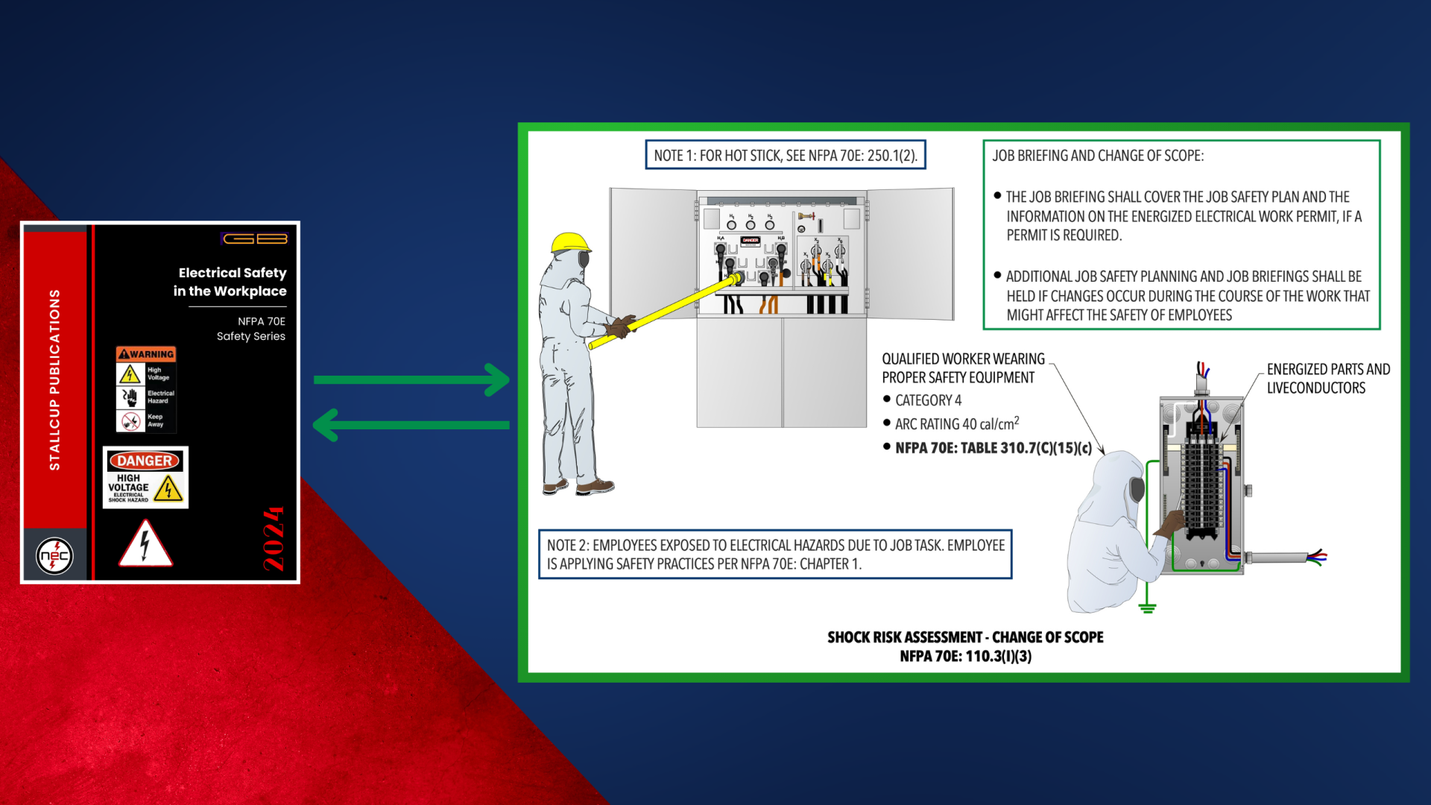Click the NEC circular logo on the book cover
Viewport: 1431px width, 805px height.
click(55, 555)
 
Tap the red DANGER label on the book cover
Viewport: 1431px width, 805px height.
click(145, 461)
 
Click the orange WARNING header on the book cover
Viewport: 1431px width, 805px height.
click(146, 354)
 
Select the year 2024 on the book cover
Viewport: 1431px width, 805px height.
click(274, 539)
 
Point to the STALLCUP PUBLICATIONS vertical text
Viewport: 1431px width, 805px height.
click(54, 380)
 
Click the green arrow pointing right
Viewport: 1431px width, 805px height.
click(411, 380)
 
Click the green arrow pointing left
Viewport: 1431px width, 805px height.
click(411, 426)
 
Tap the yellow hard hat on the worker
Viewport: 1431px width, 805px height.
click(570, 242)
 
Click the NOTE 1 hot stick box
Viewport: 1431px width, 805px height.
click(786, 155)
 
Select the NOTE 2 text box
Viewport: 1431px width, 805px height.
click(775, 554)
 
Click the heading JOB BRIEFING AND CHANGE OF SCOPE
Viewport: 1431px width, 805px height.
click(1098, 156)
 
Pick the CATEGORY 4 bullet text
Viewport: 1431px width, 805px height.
click(928, 400)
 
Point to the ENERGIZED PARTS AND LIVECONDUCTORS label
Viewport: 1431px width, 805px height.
click(1328, 379)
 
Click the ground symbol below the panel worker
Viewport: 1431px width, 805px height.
click(1148, 607)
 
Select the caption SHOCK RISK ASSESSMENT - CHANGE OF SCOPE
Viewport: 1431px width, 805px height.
click(965, 637)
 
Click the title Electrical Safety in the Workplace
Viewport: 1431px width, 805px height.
click(230, 282)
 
